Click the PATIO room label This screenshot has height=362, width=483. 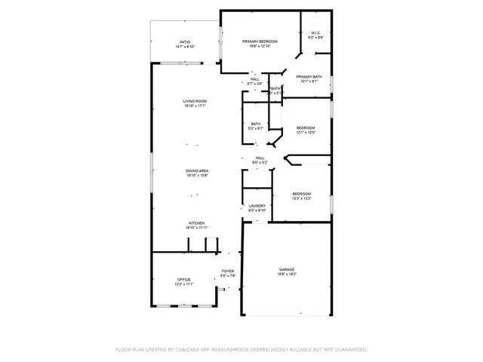click(185, 41)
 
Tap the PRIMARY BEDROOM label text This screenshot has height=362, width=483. click(260, 41)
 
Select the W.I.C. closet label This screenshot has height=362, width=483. click(316, 32)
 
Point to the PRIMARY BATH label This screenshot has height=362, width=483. click(309, 76)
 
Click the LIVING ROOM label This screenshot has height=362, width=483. click(195, 101)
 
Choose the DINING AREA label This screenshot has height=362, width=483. click(197, 171)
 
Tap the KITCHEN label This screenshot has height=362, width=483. click(196, 223)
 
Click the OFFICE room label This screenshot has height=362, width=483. click(184, 280)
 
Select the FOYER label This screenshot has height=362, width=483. click(227, 271)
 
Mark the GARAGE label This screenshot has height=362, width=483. click(287, 269)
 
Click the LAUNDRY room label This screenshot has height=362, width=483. click(257, 205)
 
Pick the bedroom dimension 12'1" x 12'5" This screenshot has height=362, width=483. click(305, 133)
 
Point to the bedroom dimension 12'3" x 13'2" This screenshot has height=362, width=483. click(302, 199)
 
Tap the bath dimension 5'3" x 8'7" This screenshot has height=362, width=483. click(256, 129)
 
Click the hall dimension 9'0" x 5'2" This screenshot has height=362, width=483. click(260, 162)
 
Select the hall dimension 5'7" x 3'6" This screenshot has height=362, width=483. click(255, 84)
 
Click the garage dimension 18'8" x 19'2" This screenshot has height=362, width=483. click(287, 275)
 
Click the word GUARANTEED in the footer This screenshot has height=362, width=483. click(348, 350)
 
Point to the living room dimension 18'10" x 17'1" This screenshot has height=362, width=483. click(195, 106)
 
